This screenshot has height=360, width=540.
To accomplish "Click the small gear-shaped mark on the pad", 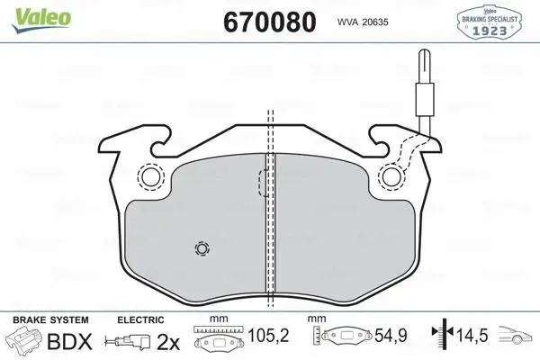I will click(201, 249).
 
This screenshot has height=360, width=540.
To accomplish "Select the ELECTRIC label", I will click(139, 319).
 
